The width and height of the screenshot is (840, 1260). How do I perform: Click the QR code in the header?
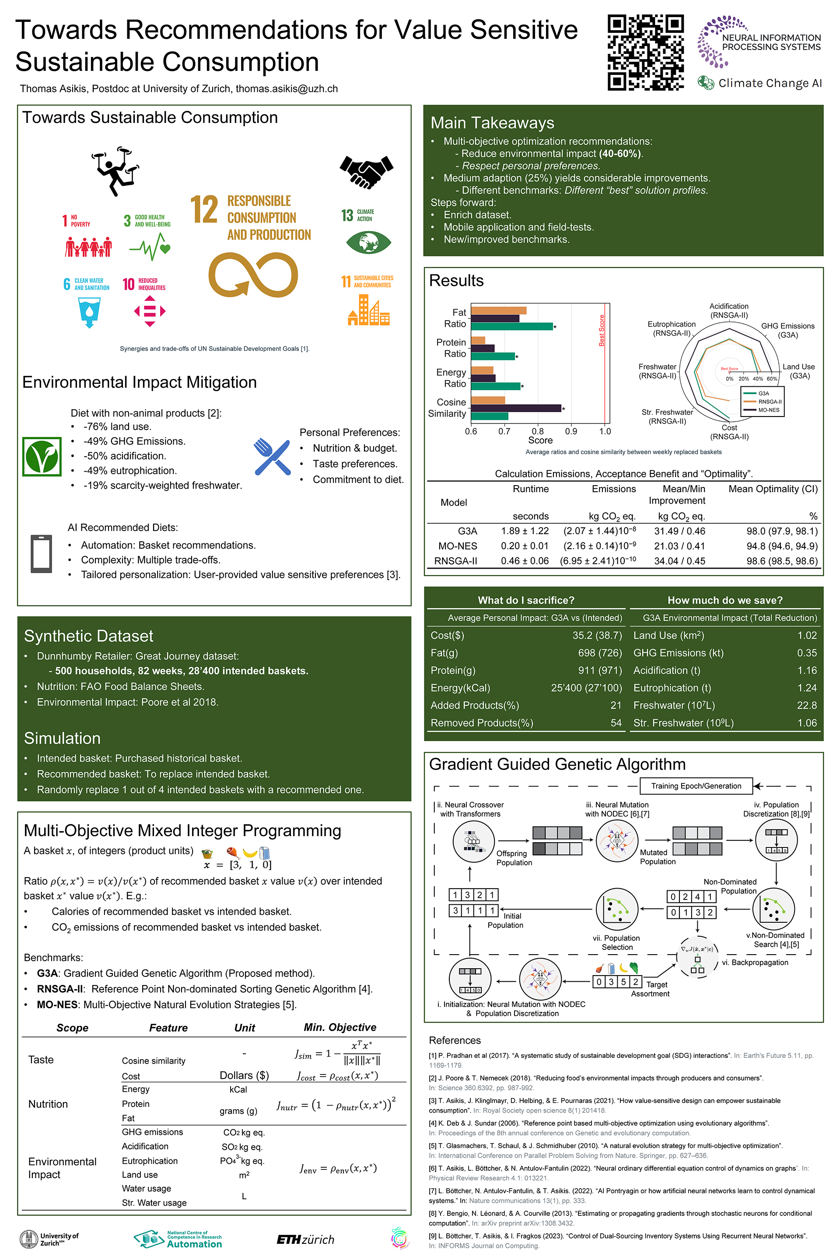[646, 52]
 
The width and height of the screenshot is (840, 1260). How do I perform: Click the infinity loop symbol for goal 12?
[253, 275]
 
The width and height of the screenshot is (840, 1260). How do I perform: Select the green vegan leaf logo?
[42, 456]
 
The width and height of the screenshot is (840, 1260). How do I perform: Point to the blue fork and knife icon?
[272, 456]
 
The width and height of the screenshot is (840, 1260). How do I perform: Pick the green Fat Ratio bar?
[511, 326]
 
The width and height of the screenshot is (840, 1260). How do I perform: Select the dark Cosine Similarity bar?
[515, 408]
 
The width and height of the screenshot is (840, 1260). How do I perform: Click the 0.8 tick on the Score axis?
[537, 431]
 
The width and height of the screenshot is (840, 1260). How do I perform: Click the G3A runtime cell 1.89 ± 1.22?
[525, 531]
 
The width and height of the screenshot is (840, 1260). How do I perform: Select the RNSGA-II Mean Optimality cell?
[782, 561]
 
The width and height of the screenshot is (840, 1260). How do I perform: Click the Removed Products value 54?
[616, 723]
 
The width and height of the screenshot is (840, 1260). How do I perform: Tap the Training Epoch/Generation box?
[696, 786]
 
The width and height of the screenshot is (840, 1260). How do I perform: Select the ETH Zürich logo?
[305, 1239]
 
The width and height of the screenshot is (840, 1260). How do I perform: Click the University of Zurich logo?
[49, 1239]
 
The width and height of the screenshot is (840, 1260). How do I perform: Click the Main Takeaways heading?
[492, 122]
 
